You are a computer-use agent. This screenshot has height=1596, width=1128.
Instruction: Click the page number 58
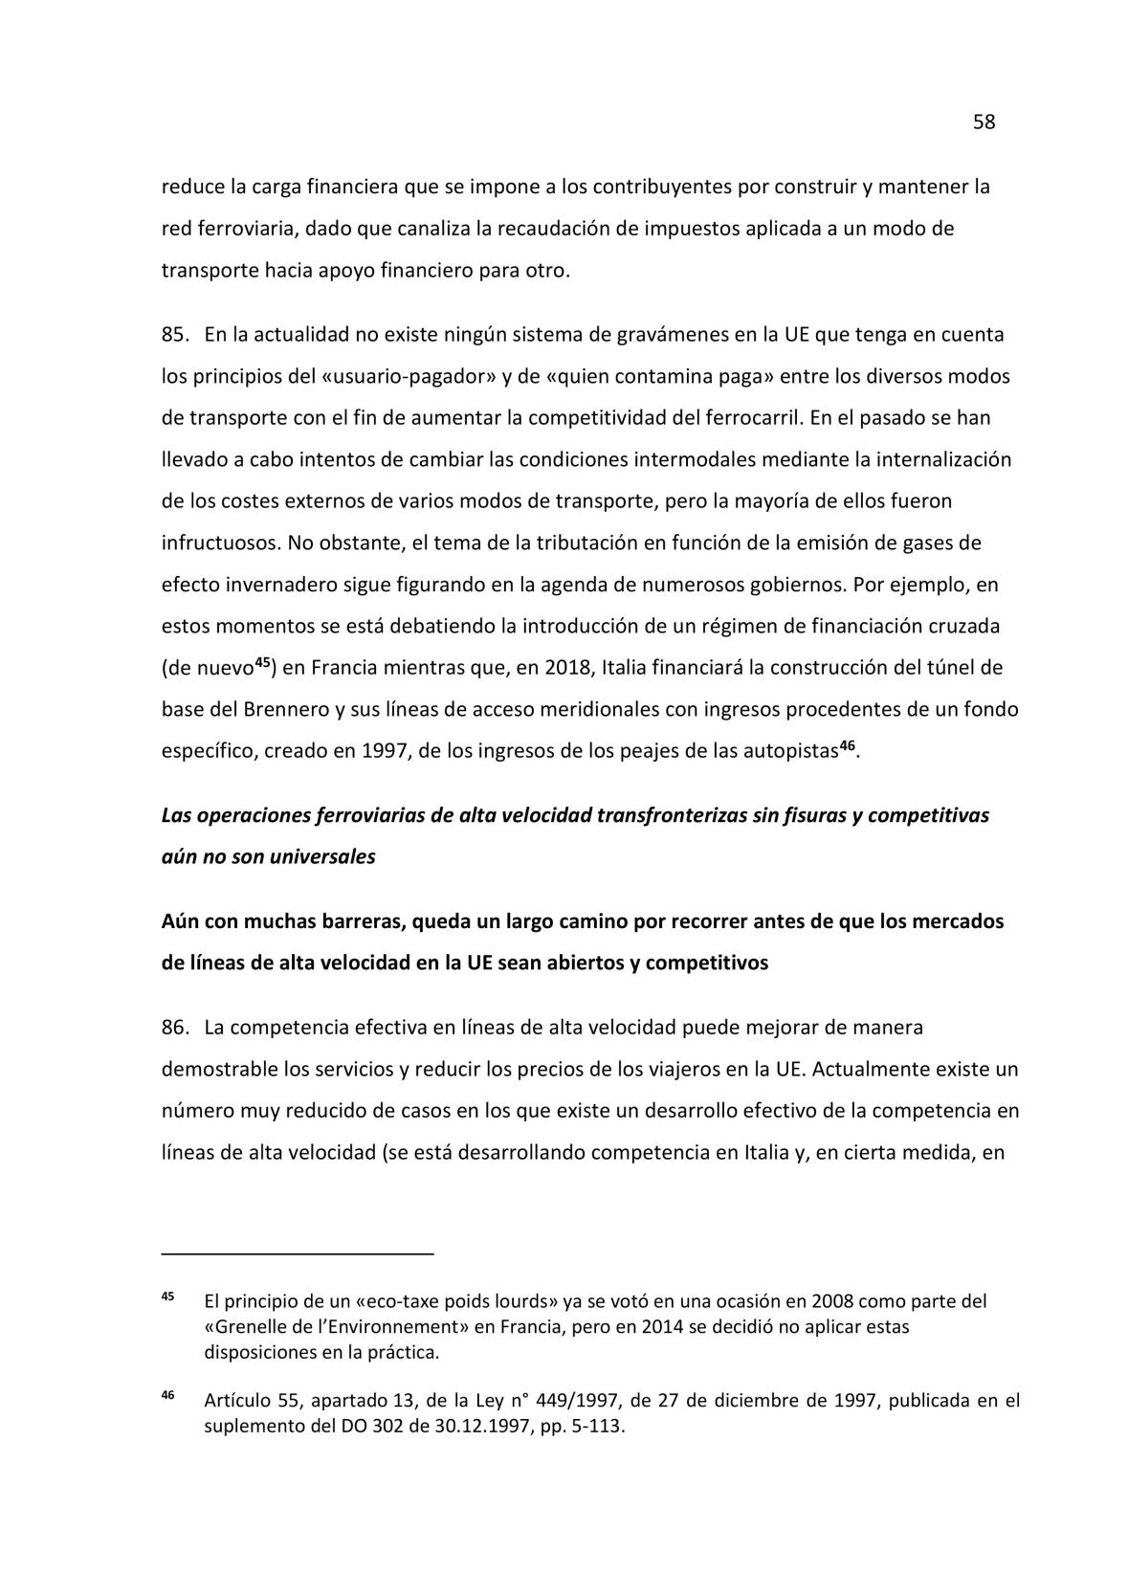[x=984, y=122]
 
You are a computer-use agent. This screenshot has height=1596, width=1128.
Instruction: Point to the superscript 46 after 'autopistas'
[x=847, y=745]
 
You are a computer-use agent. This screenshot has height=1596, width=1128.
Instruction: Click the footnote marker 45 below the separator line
[x=167, y=1297]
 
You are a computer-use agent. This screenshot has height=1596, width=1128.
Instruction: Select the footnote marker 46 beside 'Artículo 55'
[x=167, y=1396]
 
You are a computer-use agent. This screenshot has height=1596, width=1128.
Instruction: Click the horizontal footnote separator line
[x=298, y=1252]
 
